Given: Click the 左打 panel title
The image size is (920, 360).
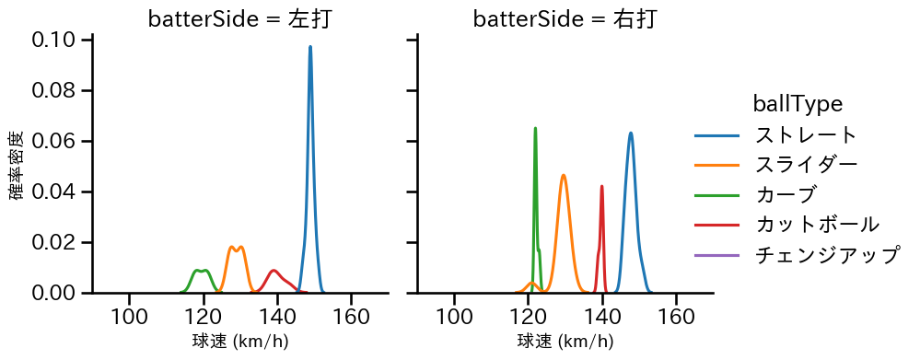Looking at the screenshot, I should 239,19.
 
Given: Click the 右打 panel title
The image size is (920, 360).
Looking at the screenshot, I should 565,19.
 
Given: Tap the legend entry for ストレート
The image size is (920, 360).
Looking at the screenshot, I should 806,135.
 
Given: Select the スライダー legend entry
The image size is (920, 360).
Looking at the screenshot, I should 806,165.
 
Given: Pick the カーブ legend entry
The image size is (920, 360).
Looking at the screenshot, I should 785,194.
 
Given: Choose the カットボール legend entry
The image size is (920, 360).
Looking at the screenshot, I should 816,224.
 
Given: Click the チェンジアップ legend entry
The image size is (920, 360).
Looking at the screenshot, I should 826,254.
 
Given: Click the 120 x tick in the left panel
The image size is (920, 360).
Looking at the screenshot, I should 204,316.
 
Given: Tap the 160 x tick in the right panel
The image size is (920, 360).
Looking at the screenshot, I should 676,316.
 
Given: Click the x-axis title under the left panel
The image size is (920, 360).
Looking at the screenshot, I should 240,343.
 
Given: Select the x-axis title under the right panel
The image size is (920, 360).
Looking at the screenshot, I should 565,343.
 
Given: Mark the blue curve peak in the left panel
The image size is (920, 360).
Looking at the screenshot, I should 310,46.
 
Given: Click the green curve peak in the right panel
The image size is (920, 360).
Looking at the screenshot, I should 535,128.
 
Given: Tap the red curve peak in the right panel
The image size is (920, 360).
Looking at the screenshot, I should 601,186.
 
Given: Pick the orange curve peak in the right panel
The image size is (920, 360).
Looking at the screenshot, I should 564,175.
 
